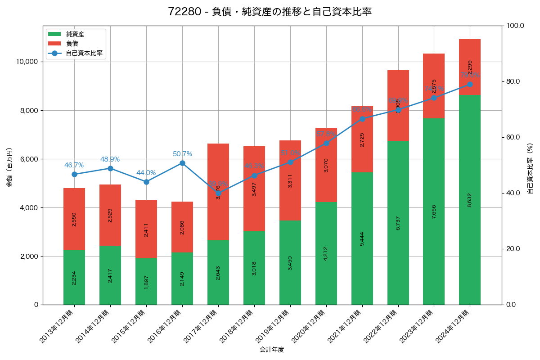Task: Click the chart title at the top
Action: (x=270, y=12)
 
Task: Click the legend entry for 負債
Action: (x=72, y=44)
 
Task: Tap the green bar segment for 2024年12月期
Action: (x=470, y=200)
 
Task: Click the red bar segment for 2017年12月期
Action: (x=218, y=192)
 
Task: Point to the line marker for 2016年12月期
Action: (x=182, y=163)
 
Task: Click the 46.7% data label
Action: (x=74, y=166)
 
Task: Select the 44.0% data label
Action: (x=146, y=173)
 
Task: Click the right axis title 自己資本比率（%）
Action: (x=530, y=169)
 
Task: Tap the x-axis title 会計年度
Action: (x=272, y=350)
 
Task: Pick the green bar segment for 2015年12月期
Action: (x=146, y=281)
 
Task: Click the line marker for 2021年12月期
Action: (x=362, y=119)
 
